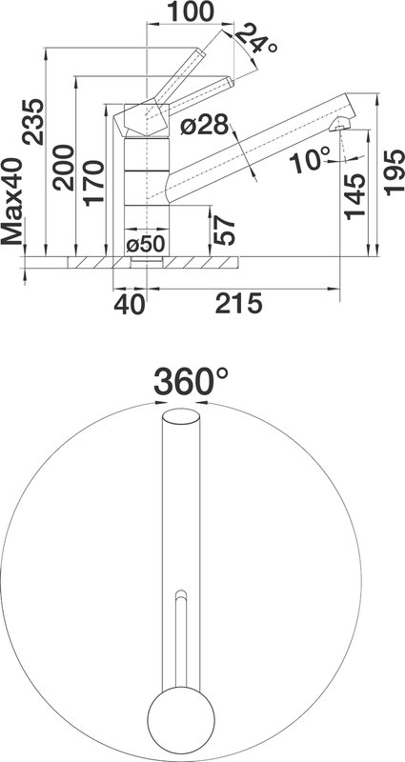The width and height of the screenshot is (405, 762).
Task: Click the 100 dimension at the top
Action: point(190,11)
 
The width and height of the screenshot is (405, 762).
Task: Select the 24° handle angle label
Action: point(255,40)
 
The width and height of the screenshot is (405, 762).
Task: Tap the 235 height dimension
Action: point(34,122)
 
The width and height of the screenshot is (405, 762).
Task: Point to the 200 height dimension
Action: point(64,168)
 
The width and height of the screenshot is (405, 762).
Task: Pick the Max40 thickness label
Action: point(12,201)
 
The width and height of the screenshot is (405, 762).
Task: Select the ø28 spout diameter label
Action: point(204,126)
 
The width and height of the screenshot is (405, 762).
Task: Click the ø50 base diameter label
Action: point(146,245)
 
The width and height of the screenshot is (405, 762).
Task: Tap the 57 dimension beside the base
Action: point(225,231)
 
